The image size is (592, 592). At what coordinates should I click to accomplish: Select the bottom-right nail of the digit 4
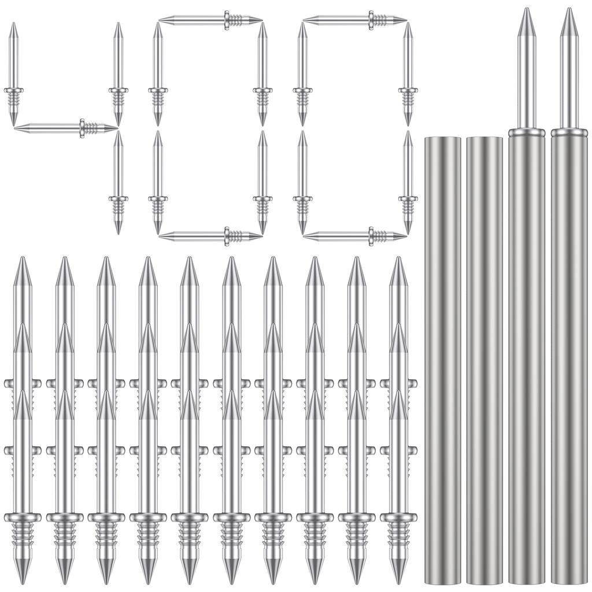[118, 182]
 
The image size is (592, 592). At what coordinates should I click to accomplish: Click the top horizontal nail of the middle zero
[210, 20]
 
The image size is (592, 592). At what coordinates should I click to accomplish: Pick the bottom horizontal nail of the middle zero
[210, 236]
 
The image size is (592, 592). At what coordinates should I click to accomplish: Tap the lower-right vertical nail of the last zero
[408, 182]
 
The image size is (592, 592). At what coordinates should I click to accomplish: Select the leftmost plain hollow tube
[442, 358]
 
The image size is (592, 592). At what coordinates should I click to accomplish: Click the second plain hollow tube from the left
[484, 358]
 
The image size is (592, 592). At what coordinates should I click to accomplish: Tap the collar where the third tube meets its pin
[526, 132]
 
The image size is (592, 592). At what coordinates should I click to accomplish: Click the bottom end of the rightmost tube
[569, 580]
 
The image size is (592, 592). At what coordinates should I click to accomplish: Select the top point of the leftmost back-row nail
[23, 260]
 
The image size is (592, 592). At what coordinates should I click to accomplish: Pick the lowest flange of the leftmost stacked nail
[23, 517]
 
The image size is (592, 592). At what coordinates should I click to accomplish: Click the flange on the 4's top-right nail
[118, 90]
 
